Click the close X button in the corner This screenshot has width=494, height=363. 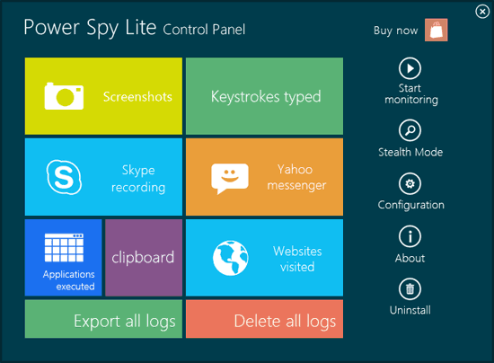[482, 12]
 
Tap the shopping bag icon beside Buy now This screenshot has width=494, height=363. [436, 30]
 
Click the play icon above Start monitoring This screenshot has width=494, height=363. [410, 68]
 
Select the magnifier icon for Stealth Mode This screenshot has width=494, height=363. [410, 130]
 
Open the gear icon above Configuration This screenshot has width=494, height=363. [410, 183]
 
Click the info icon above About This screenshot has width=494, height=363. [410, 236]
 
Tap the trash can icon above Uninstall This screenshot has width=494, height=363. [410, 288]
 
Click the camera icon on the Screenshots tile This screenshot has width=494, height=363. [64, 96]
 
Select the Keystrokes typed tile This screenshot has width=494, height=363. [264, 96]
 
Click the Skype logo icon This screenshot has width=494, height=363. [65, 177]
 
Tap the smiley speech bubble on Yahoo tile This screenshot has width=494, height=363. [230, 178]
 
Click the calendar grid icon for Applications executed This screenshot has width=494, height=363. [64, 248]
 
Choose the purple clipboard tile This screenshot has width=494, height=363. [144, 258]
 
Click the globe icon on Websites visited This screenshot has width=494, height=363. [230, 258]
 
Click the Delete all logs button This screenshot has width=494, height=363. [264, 319]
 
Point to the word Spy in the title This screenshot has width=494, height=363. [102, 29]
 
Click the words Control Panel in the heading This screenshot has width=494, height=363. [204, 30]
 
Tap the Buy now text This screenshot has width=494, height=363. [396, 31]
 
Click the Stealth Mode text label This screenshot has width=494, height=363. [410, 152]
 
